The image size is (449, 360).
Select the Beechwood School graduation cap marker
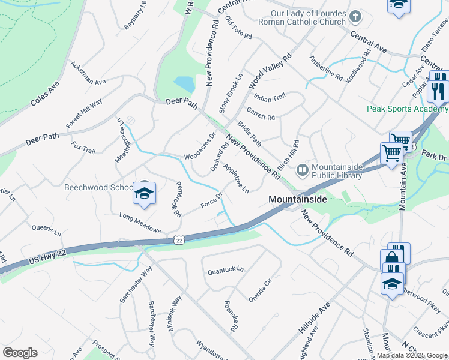(x=144, y=193)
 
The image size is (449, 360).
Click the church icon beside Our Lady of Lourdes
(x=355, y=16)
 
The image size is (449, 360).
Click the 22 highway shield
(x=178, y=240)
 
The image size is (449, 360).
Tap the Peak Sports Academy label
(x=399, y=109)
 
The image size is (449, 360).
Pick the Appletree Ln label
(x=236, y=178)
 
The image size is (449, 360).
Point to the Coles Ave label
(x=45, y=95)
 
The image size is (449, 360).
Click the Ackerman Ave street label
(x=88, y=73)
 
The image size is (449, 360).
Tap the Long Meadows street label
(x=140, y=223)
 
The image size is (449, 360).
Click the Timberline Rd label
(x=325, y=68)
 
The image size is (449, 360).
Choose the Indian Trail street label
(x=270, y=97)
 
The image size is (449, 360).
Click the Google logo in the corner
(x=20, y=352)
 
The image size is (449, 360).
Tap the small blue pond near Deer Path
(x=184, y=85)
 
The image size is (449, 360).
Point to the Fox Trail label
(x=83, y=148)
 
